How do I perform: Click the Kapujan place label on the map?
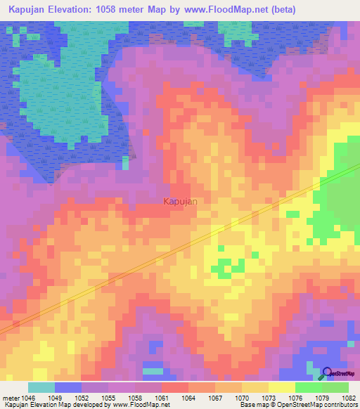click(x=180, y=202)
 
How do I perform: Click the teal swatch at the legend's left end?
click(x=41, y=387)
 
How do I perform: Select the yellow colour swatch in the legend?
click(x=281, y=387)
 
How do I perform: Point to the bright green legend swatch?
click(x=308, y=387)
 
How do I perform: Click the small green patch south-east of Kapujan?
click(x=225, y=267)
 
